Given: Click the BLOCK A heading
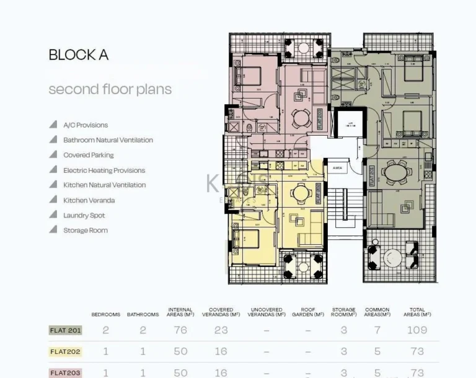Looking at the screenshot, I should (x=79, y=55).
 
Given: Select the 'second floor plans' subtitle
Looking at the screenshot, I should (x=110, y=89).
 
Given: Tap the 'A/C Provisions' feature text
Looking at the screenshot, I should (x=86, y=125).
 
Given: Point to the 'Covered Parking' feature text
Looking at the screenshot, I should (x=89, y=156).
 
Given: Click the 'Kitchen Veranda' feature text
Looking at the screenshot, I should (x=89, y=201).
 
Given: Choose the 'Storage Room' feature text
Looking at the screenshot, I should (x=86, y=231).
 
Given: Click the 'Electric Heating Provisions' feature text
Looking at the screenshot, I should (x=104, y=170).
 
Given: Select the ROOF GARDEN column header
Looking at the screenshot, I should (x=308, y=312).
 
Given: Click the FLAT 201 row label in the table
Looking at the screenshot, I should (x=65, y=330).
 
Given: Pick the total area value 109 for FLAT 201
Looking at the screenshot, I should (x=417, y=330).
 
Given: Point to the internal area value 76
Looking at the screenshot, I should (x=180, y=330).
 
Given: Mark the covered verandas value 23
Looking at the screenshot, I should (x=221, y=330).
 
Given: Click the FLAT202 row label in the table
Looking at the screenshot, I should (x=65, y=352).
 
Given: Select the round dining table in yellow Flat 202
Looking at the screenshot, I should (x=301, y=193).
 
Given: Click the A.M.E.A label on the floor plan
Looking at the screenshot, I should (x=338, y=168).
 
